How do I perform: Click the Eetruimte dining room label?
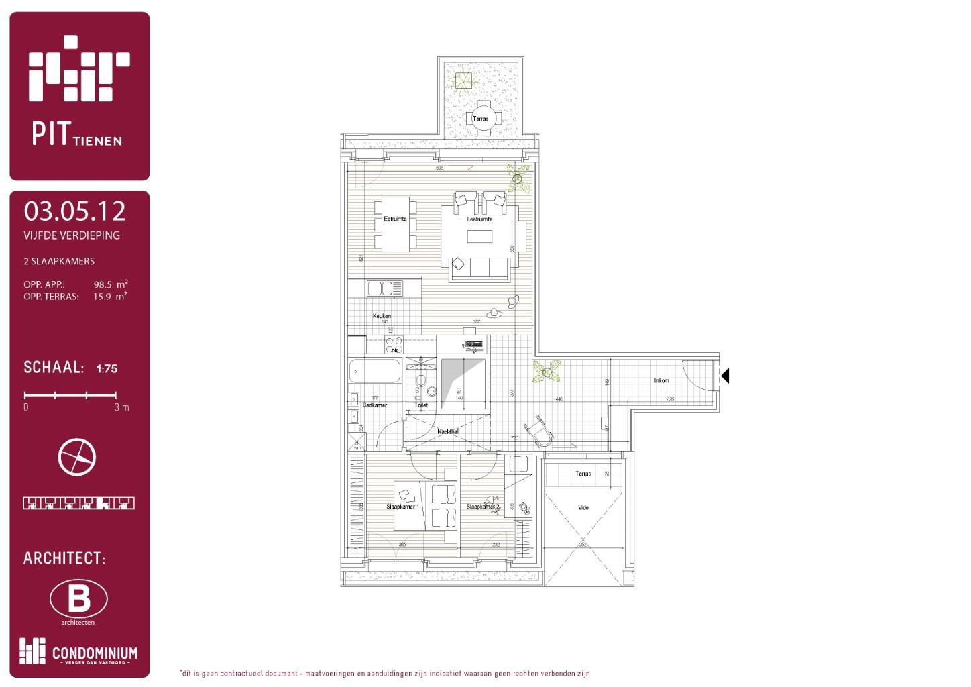(x=395, y=219)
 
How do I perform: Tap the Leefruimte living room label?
(x=479, y=219)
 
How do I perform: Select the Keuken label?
(x=382, y=316)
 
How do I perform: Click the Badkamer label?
(x=375, y=405)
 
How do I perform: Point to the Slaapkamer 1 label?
(x=402, y=507)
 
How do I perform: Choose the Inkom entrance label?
(x=661, y=380)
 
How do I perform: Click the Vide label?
(x=583, y=507)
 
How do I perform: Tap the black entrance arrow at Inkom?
(x=724, y=376)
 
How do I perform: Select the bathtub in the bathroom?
(x=375, y=371)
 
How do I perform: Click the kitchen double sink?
(x=384, y=288)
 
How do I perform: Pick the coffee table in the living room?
(x=479, y=236)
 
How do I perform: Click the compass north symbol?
(x=77, y=457)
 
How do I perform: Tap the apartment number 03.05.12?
(x=75, y=211)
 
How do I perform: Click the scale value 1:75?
(x=107, y=368)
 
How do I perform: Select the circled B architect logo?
(x=78, y=598)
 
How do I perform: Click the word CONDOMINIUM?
(x=95, y=653)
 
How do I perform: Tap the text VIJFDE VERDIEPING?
(x=72, y=235)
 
